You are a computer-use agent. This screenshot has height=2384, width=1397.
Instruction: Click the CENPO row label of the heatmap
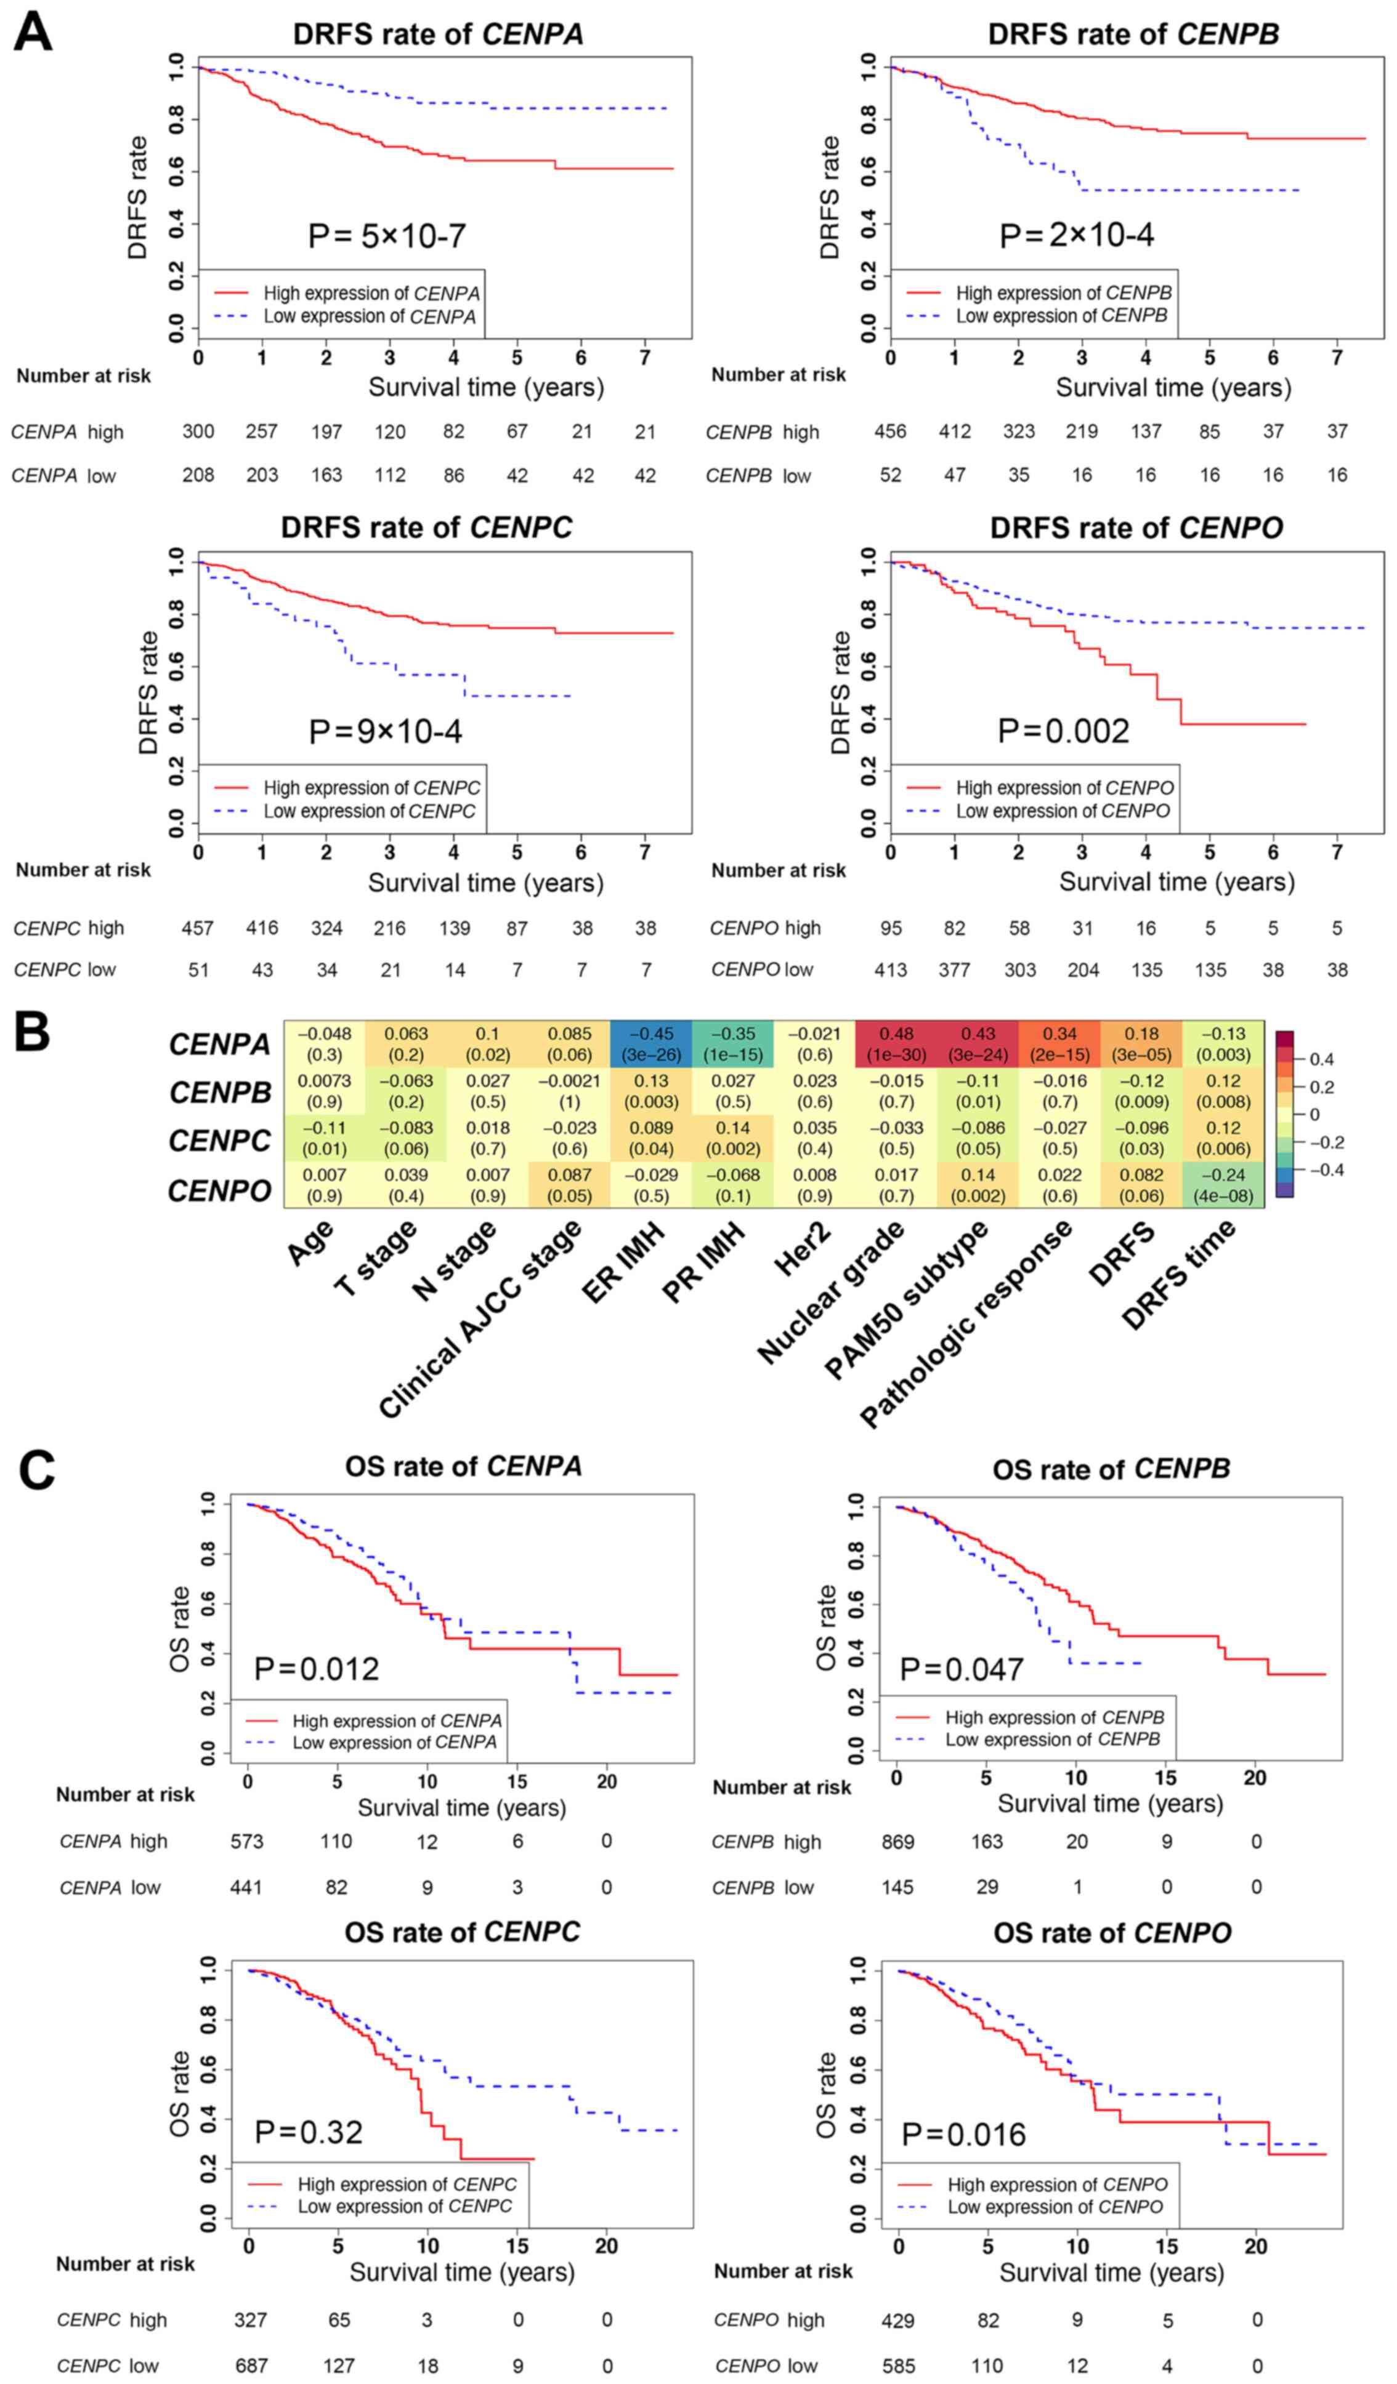(x=219, y=1190)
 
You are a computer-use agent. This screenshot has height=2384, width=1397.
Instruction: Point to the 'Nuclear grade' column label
(x=831, y=1292)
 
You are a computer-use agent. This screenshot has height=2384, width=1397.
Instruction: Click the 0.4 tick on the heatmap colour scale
(x=1321, y=1059)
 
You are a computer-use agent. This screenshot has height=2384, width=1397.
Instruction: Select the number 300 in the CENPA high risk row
(x=198, y=431)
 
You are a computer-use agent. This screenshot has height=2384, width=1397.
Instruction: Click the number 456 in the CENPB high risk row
(x=889, y=431)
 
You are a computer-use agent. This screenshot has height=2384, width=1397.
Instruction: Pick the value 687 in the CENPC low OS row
(x=251, y=2365)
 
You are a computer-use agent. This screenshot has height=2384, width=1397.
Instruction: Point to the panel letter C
(x=36, y=1472)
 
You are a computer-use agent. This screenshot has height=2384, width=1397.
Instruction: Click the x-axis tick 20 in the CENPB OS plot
(x=1254, y=1778)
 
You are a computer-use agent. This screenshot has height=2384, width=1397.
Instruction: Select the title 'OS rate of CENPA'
(x=463, y=1466)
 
